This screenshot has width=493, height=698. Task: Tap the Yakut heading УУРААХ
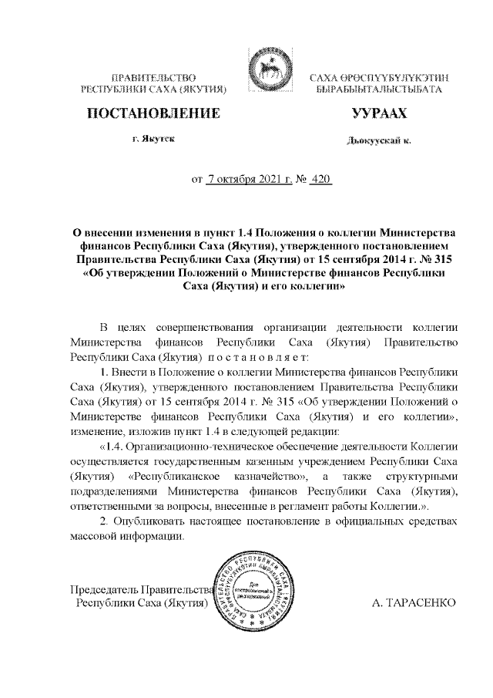[x=377, y=115]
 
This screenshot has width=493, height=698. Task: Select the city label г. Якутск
[x=153, y=140]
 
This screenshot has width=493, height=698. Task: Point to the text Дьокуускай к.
[x=378, y=142]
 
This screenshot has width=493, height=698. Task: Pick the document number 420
[x=319, y=180]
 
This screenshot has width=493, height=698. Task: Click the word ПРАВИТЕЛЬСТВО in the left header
[x=155, y=78]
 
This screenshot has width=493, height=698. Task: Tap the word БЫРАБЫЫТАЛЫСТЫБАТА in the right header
[x=378, y=90]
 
